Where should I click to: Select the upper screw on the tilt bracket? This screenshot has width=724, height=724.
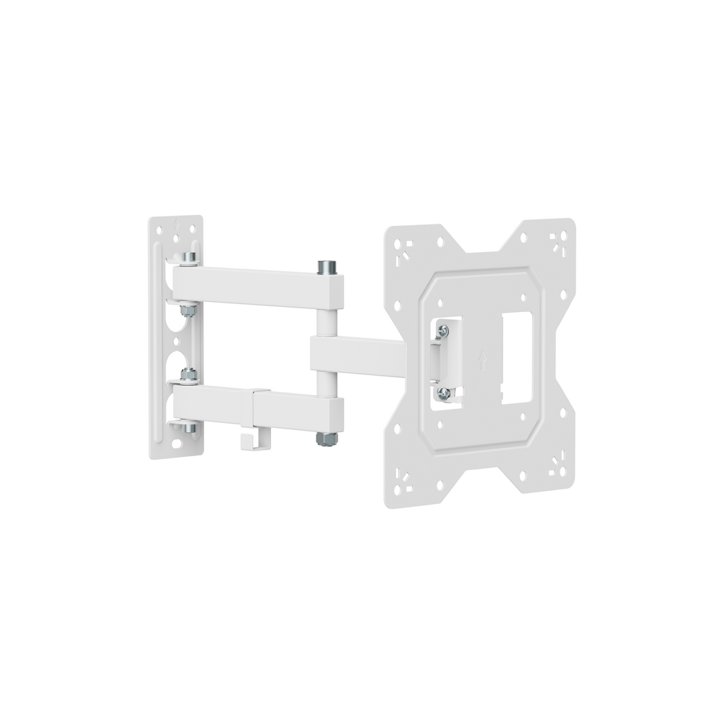pyautogui.click(x=443, y=330)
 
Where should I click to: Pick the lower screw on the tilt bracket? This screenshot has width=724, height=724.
pyautogui.click(x=445, y=392)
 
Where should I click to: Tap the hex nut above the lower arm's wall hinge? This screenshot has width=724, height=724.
pyautogui.click(x=189, y=376)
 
